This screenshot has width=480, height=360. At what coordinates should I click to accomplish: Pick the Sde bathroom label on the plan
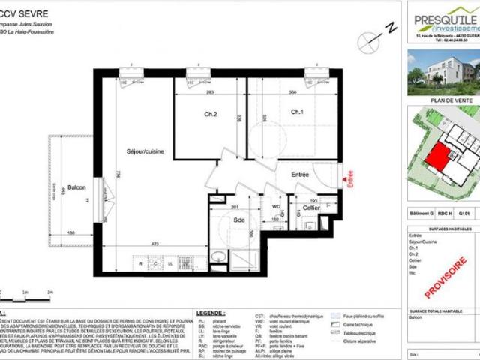[238, 221]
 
